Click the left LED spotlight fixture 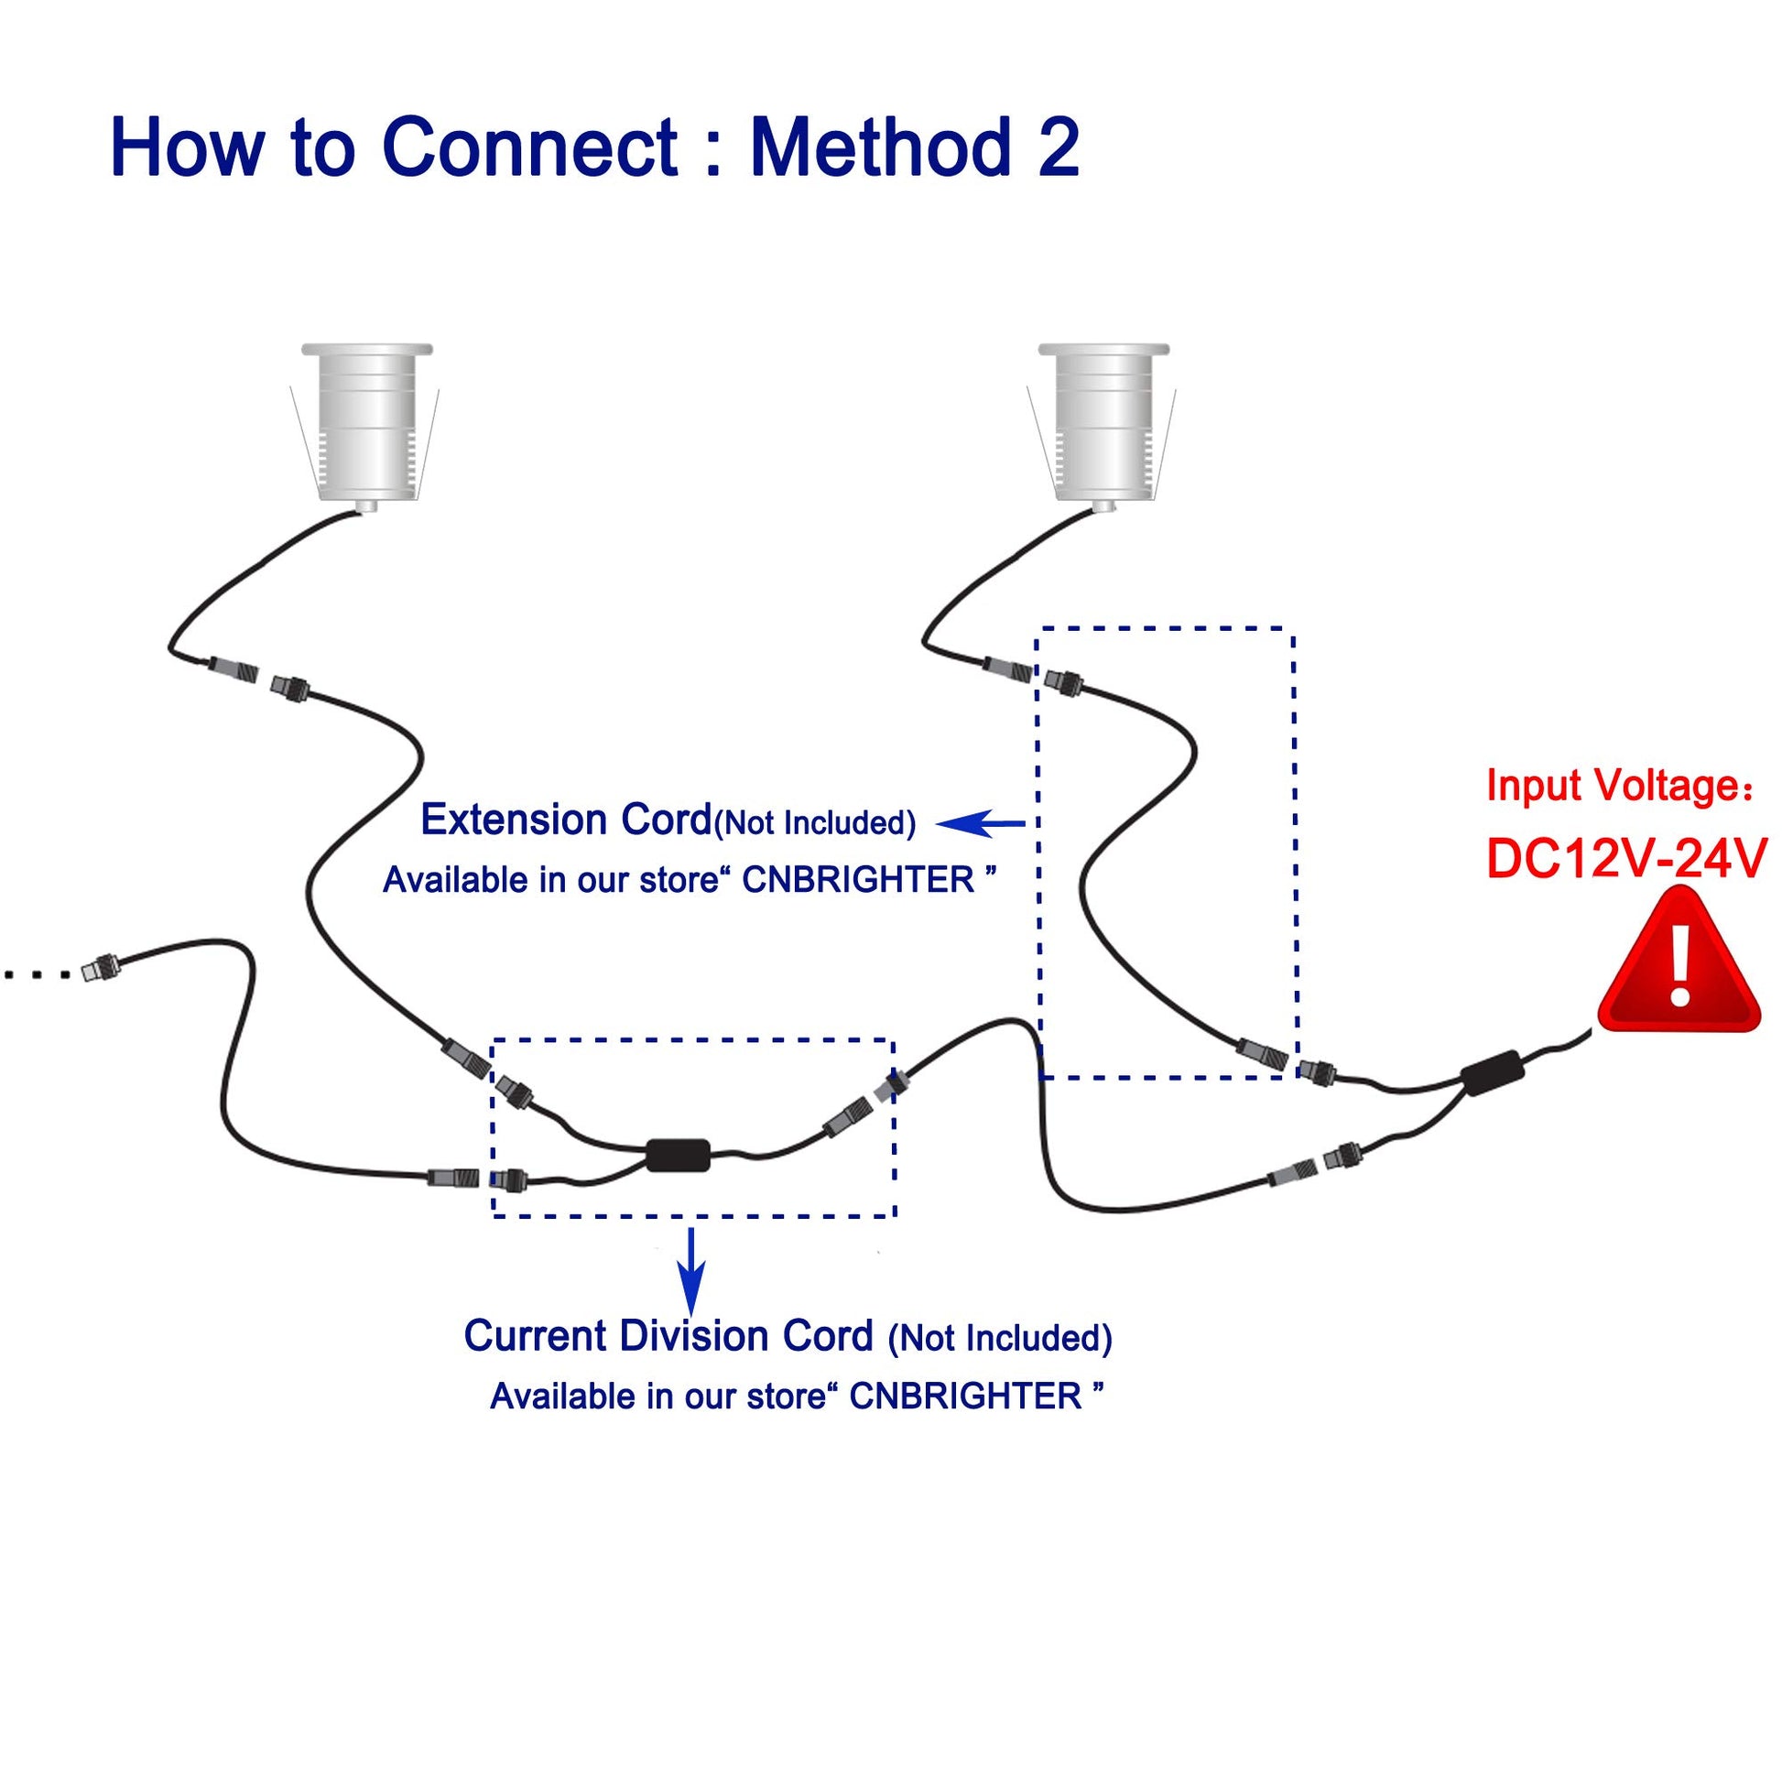(x=366, y=423)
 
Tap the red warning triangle (x=1679, y=964)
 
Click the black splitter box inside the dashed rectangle (x=678, y=1155)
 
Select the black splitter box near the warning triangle (x=1492, y=1073)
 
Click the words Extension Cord (x=565, y=820)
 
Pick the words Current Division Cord (x=668, y=1335)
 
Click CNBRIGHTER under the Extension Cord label (x=858, y=881)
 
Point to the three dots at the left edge (x=37, y=974)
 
